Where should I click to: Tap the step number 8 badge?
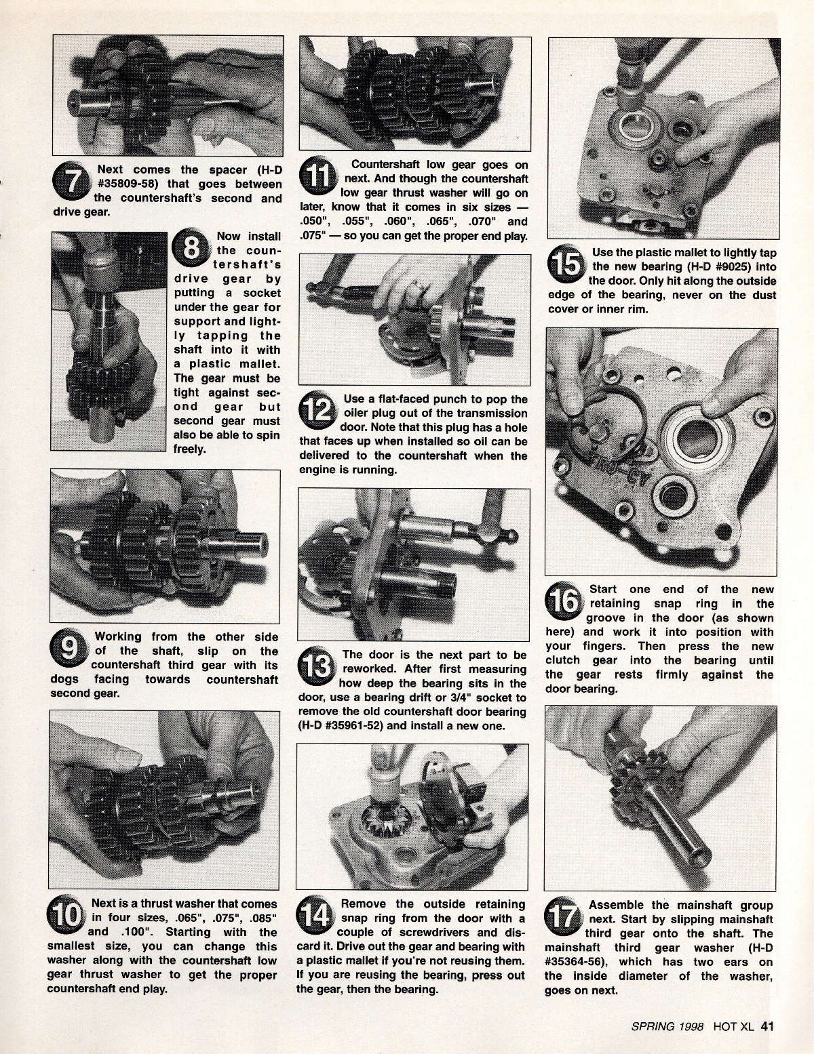click(x=191, y=248)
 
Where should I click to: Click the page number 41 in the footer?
click(x=767, y=1027)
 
